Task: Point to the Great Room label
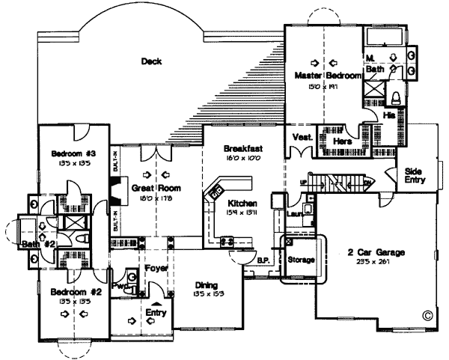[147, 189]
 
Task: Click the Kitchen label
[242, 204]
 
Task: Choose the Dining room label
[205, 285]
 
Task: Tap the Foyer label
[156, 268]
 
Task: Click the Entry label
[156, 312]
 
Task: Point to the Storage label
[301, 260]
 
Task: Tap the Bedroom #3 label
[70, 154]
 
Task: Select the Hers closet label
[342, 141]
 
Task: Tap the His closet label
[388, 115]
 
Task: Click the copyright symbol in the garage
[427, 315]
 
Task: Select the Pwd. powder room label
[118, 284]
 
